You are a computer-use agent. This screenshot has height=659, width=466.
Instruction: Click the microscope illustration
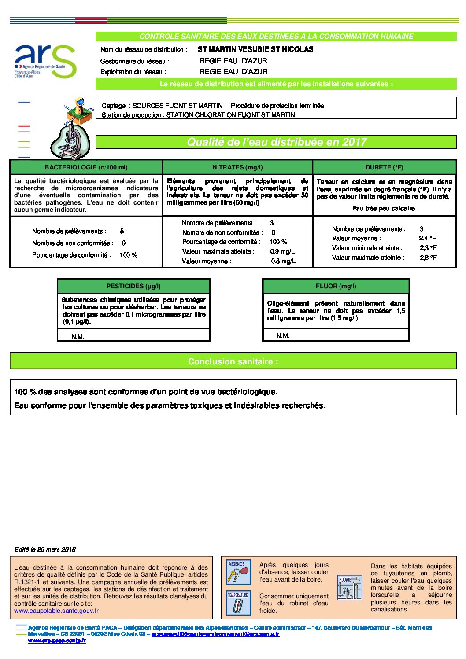70,140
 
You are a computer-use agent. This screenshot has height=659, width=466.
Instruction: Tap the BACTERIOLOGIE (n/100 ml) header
86,167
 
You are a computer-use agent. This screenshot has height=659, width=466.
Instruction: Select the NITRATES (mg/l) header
237,167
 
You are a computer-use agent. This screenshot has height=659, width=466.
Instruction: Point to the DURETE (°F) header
384,167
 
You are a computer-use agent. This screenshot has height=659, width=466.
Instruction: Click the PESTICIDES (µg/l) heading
133,286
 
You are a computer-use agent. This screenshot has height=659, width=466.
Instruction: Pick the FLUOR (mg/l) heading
336,286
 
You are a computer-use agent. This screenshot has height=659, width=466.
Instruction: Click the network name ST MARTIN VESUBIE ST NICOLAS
255,49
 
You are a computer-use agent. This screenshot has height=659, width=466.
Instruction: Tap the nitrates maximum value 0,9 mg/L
282,251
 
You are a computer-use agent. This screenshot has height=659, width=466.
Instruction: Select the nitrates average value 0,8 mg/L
283,261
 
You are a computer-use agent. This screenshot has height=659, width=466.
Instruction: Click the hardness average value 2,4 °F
428,238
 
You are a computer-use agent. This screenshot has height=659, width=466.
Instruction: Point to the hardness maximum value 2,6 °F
428,258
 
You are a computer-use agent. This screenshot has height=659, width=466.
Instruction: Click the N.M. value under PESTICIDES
78,337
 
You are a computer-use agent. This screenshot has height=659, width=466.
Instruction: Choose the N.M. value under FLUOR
283,336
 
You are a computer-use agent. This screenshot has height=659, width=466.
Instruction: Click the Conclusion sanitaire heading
233,361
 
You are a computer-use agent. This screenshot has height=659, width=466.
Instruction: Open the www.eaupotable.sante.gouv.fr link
56,611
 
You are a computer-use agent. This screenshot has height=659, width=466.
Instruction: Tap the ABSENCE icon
238,571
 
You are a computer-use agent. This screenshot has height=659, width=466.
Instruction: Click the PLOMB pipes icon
349,588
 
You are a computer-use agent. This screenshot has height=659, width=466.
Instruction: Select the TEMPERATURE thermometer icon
238,603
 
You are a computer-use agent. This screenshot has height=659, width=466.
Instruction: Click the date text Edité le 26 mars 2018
45,549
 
